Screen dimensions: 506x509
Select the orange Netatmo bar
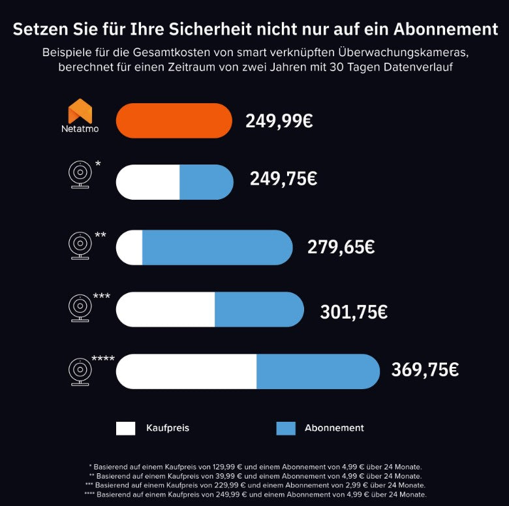tap(174, 121)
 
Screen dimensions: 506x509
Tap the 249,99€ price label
tap(279, 121)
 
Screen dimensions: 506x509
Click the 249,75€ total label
tap(283, 178)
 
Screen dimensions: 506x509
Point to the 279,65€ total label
tap(341, 247)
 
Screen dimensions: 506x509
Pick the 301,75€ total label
tap(354, 311)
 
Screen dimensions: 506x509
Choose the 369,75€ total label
tap(425, 370)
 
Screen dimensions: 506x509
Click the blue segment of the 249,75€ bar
tap(206, 182)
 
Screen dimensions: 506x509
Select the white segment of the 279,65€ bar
tap(130, 247)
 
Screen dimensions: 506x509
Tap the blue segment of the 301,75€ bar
tap(258, 309)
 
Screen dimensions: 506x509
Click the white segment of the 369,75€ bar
tap(187, 372)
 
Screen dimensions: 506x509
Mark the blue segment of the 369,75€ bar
tap(317, 372)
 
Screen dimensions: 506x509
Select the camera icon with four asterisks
tap(80, 371)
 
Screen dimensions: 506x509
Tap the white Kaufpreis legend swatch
tap(126, 428)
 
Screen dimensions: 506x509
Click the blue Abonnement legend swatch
tap(286, 428)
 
